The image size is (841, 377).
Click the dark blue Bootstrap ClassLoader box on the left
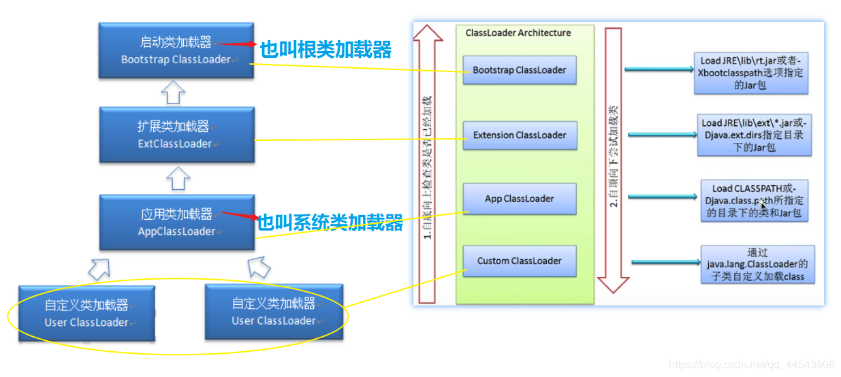(176, 50)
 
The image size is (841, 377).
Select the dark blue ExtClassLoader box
(176, 135)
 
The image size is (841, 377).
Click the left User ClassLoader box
(86, 313)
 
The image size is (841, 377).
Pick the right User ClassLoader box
(274, 312)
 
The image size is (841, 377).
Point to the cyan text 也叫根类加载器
(326, 50)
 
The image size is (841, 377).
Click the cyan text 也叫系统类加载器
(330, 223)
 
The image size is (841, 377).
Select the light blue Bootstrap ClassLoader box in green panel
(519, 70)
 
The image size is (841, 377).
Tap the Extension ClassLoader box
(519, 135)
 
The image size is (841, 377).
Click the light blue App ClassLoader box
(519, 199)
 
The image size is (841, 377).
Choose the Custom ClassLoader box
(519, 261)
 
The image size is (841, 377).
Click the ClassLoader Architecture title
(518, 33)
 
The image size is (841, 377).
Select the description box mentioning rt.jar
(751, 73)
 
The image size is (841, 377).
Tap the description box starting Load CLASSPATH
(754, 199)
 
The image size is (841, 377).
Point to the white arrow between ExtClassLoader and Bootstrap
(174, 92)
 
